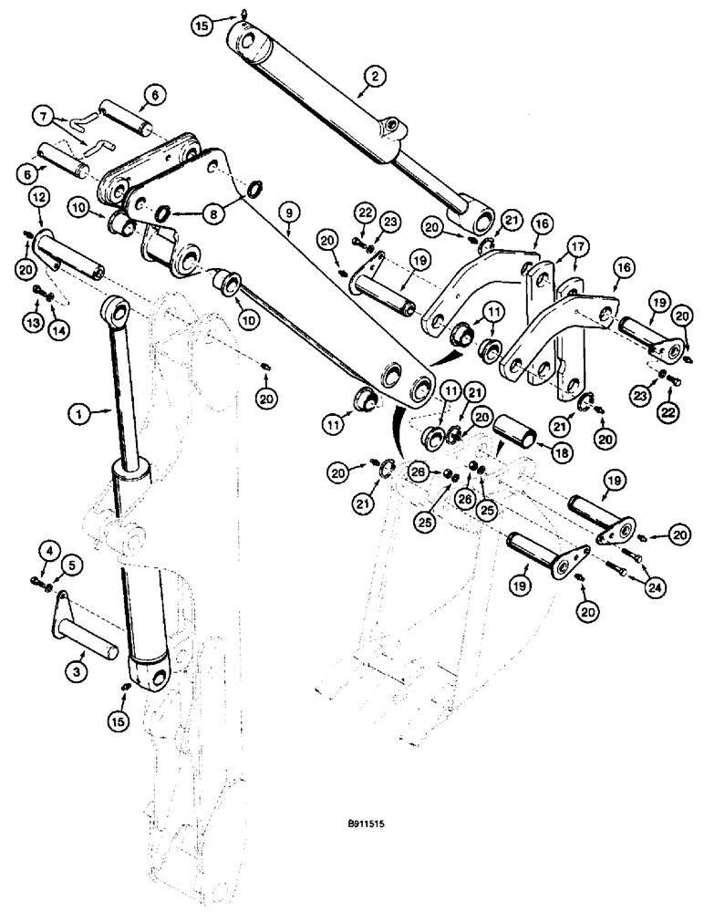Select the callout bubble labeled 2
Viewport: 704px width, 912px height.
click(370, 78)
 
